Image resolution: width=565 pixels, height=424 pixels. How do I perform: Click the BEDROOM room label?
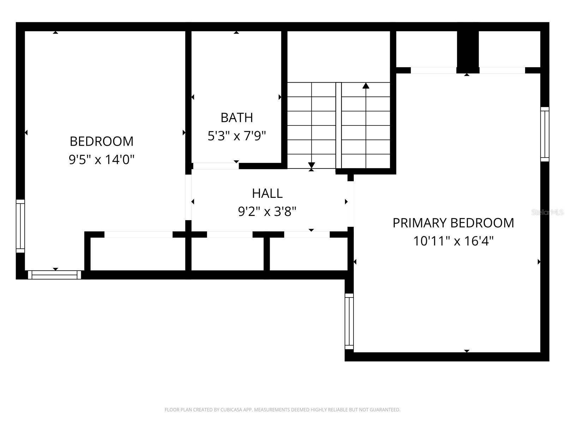coord(101,141)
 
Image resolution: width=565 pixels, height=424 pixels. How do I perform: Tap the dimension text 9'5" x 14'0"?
coord(101,160)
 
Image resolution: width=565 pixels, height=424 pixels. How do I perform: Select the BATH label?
coord(237,118)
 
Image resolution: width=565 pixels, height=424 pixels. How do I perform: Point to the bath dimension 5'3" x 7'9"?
coord(237,136)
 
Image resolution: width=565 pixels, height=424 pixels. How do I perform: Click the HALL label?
coord(267,193)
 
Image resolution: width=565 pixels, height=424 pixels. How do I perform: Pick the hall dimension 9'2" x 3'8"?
coord(267,212)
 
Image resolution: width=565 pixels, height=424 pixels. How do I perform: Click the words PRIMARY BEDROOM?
coord(453,223)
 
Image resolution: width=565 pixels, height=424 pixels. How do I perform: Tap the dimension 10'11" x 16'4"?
coord(453,241)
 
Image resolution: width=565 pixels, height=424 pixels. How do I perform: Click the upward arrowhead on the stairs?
coord(366,86)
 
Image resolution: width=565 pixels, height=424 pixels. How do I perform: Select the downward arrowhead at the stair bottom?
coord(311,165)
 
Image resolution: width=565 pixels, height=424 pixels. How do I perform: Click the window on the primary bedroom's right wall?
coord(545,134)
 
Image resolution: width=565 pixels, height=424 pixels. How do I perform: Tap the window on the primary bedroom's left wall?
coord(349,321)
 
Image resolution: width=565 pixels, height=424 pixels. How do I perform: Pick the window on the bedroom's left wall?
coord(20,226)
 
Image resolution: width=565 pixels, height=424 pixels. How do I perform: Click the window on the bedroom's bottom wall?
coord(55,275)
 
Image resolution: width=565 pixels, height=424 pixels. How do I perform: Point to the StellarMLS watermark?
coord(547,212)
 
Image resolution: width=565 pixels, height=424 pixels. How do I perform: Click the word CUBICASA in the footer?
coord(231,410)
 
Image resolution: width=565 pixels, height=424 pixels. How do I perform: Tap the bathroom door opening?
coord(216,166)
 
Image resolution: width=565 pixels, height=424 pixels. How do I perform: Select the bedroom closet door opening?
coord(138,235)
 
